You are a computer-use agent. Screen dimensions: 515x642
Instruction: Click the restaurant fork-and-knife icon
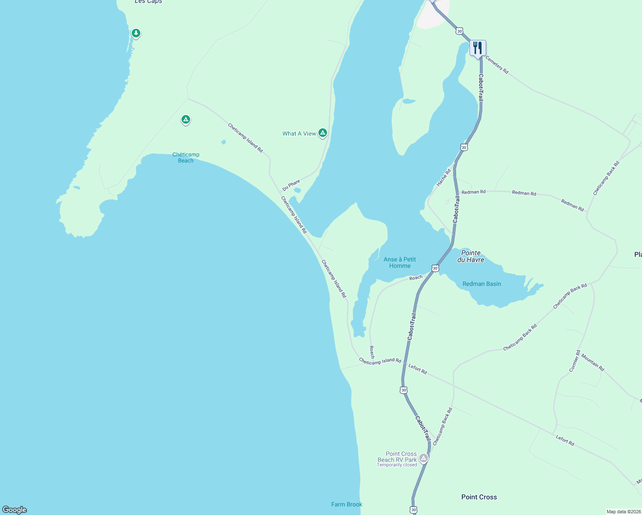pyautogui.click(x=478, y=48)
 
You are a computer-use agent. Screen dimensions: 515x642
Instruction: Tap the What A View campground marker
pyautogui.click(x=323, y=133)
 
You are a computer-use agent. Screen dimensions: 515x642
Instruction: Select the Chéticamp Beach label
pyautogui.click(x=186, y=158)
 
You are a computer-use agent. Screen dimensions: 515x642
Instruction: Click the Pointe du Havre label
pyautogui.click(x=471, y=256)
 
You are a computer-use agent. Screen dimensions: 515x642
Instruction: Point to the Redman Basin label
pyautogui.click(x=481, y=284)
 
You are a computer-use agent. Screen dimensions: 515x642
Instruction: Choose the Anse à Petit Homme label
pyautogui.click(x=400, y=262)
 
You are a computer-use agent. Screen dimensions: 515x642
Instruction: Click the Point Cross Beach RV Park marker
pyautogui.click(x=424, y=458)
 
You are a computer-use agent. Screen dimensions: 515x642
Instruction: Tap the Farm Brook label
pyautogui.click(x=347, y=504)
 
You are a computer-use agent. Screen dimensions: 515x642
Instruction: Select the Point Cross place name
pyautogui.click(x=479, y=497)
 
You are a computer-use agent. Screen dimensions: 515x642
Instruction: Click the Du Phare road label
pyautogui.click(x=291, y=185)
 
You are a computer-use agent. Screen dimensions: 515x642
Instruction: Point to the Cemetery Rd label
pyautogui.click(x=497, y=65)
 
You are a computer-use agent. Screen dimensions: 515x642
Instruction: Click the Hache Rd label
pyautogui.click(x=444, y=178)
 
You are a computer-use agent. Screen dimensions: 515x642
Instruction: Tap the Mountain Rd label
pyautogui.click(x=593, y=364)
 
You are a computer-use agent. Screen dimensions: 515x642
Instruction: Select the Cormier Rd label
pyautogui.click(x=575, y=361)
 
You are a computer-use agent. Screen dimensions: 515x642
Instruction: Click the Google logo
pyautogui.click(x=15, y=510)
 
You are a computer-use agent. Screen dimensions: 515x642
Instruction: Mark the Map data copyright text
pyautogui.click(x=624, y=512)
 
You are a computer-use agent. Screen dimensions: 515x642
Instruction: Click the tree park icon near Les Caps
pyautogui.click(x=136, y=33)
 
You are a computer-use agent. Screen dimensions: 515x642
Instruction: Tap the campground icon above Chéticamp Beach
pyautogui.click(x=185, y=119)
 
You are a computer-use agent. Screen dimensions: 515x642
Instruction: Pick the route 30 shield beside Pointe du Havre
pyautogui.click(x=435, y=268)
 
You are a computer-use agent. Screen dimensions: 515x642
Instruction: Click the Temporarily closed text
pyautogui.click(x=397, y=465)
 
